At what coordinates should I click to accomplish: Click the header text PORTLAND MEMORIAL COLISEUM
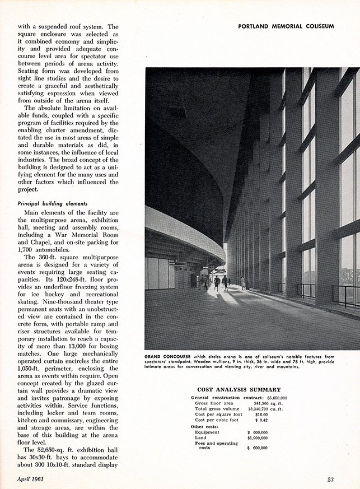click(286, 26)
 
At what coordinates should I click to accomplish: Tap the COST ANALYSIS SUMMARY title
click(239, 389)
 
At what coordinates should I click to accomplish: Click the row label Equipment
click(207, 432)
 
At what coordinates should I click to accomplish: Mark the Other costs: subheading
click(205, 426)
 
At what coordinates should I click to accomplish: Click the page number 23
click(331, 478)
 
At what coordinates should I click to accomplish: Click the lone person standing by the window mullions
click(242, 282)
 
